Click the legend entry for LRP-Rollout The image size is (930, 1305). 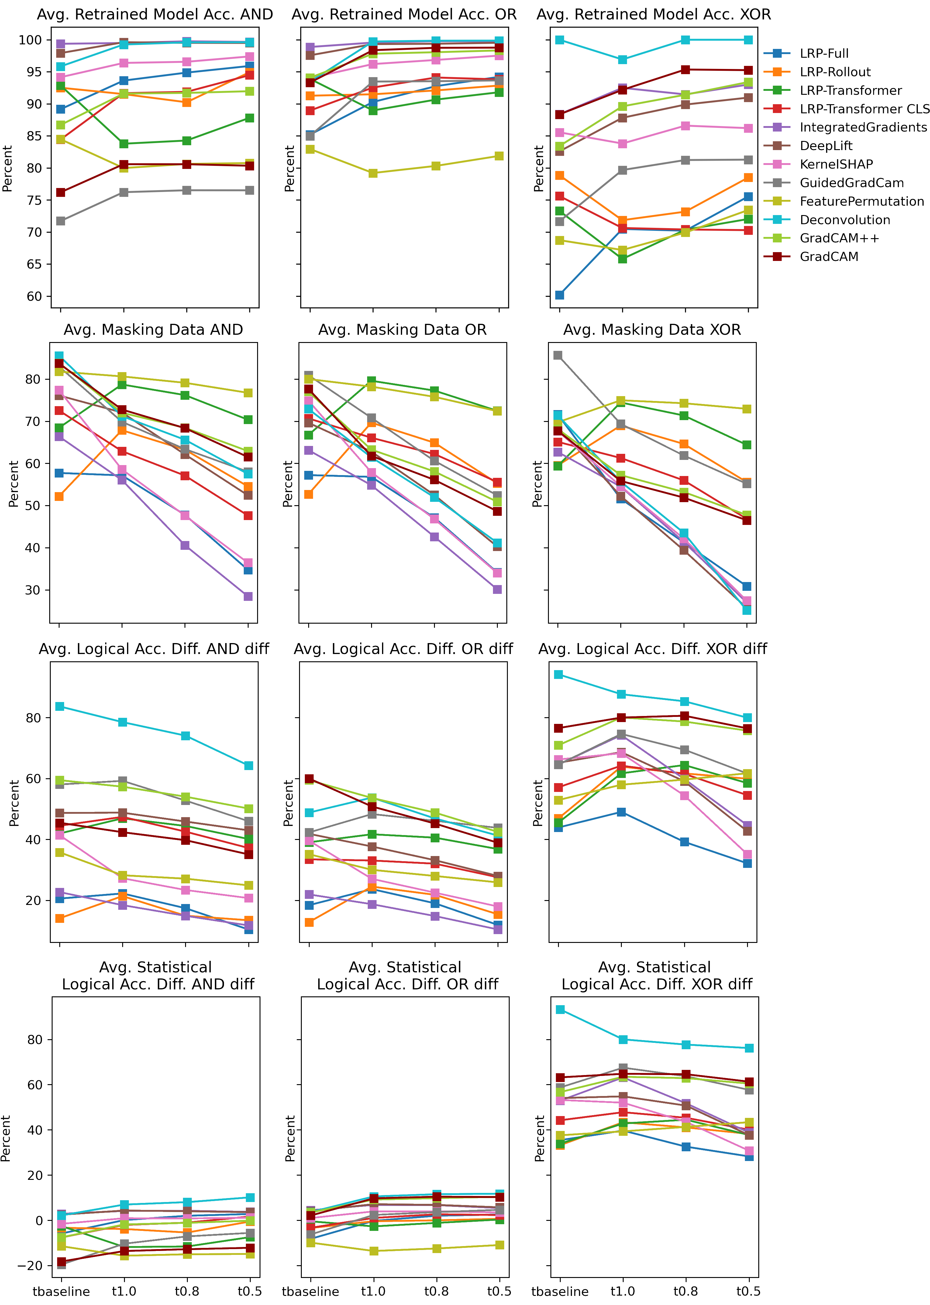[x=835, y=72]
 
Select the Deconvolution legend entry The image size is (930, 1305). [x=845, y=220]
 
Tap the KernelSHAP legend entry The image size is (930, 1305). [x=836, y=164]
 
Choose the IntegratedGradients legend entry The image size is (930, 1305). [x=863, y=127]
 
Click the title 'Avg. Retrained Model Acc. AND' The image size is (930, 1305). [x=155, y=14]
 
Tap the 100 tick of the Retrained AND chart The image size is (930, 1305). [x=30, y=40]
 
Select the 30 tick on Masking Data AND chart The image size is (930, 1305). [x=33, y=590]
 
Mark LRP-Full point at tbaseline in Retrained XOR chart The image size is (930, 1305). [x=560, y=295]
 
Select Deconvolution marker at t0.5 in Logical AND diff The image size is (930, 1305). [x=249, y=766]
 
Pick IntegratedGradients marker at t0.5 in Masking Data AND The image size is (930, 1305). [x=248, y=596]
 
